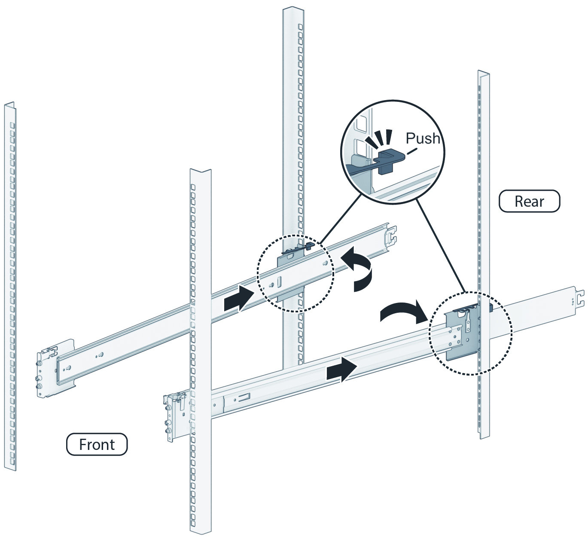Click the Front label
pyautogui.click(x=97, y=444)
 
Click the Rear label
pyautogui.click(x=529, y=201)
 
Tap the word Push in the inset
pyautogui.click(x=423, y=138)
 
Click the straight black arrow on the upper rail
pyautogui.click(x=239, y=298)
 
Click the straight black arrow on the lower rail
pyautogui.click(x=341, y=369)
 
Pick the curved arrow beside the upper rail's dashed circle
pyautogui.click(x=359, y=269)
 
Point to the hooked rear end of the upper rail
pyautogui.click(x=390, y=235)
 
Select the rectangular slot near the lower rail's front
pyautogui.click(x=244, y=396)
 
